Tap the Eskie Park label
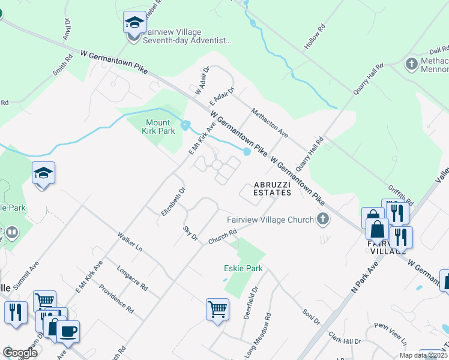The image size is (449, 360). click(x=243, y=269)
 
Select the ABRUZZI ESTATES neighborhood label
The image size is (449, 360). click(x=272, y=188)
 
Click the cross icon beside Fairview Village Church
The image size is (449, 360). click(x=323, y=220)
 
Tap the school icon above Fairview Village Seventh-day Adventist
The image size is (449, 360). click(x=134, y=23)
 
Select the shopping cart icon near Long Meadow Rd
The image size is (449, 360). click(x=217, y=310)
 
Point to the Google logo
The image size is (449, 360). click(x=20, y=353)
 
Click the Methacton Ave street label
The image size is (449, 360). click(x=270, y=122)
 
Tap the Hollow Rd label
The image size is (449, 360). click(x=315, y=37)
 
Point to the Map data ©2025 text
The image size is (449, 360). click(x=423, y=355)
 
